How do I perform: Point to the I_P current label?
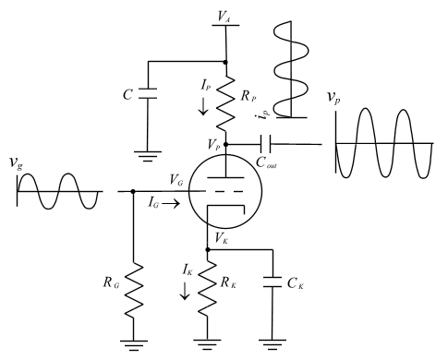[203, 83]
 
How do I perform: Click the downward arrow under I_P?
[203, 107]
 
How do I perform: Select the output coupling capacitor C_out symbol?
[265, 144]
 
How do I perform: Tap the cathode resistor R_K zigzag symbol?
[207, 287]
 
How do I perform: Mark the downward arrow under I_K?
[184, 291]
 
